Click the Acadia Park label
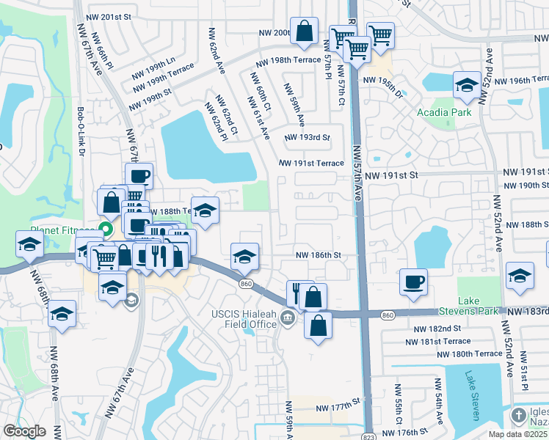pos(443,112)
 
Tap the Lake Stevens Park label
pos(479,306)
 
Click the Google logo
pos(23,431)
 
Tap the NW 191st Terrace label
pos(311,164)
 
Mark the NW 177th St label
pos(339,406)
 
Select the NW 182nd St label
pos(435,329)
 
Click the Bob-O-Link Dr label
pos(81,133)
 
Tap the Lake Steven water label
pos(471,395)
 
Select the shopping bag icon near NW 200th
pos(304,31)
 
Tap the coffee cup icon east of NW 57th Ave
pos(414,282)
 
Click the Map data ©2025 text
pos(517,434)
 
